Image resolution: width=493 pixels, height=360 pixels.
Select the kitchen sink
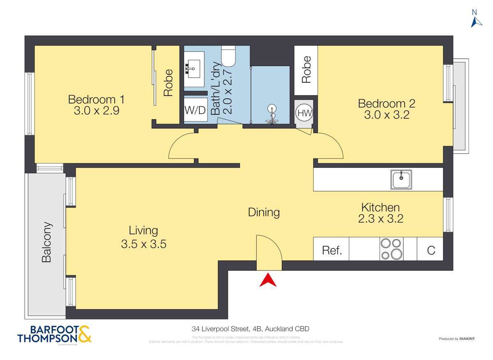[401, 179]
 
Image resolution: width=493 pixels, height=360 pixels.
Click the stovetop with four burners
[391, 249]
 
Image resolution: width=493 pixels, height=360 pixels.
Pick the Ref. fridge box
[331, 250]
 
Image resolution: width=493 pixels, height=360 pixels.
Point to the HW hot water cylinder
[304, 112]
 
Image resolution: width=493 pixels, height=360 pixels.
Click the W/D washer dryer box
[195, 111]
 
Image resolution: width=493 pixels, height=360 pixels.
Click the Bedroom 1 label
[96, 100]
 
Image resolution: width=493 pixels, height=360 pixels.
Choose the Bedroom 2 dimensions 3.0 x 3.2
[387, 115]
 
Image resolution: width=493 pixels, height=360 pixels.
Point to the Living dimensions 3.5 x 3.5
[144, 244]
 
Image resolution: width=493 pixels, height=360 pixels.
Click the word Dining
[264, 212]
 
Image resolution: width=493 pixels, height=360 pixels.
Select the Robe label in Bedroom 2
[306, 69]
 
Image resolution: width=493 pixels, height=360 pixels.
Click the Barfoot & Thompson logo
[54, 334]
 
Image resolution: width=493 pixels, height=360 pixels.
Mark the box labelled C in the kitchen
[431, 250]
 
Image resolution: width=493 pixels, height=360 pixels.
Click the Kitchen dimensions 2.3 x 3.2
[380, 218]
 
